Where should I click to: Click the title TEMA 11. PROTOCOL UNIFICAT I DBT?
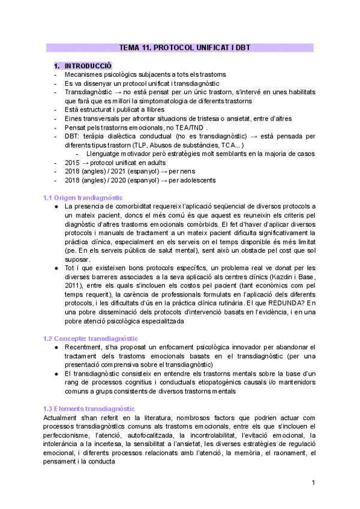pos(180,47)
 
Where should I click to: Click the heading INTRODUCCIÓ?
pos(88,65)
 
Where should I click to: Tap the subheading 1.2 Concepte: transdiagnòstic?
pos(90,338)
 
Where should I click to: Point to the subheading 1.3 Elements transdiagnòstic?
pos(89,408)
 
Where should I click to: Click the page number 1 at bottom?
pos(313,483)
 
